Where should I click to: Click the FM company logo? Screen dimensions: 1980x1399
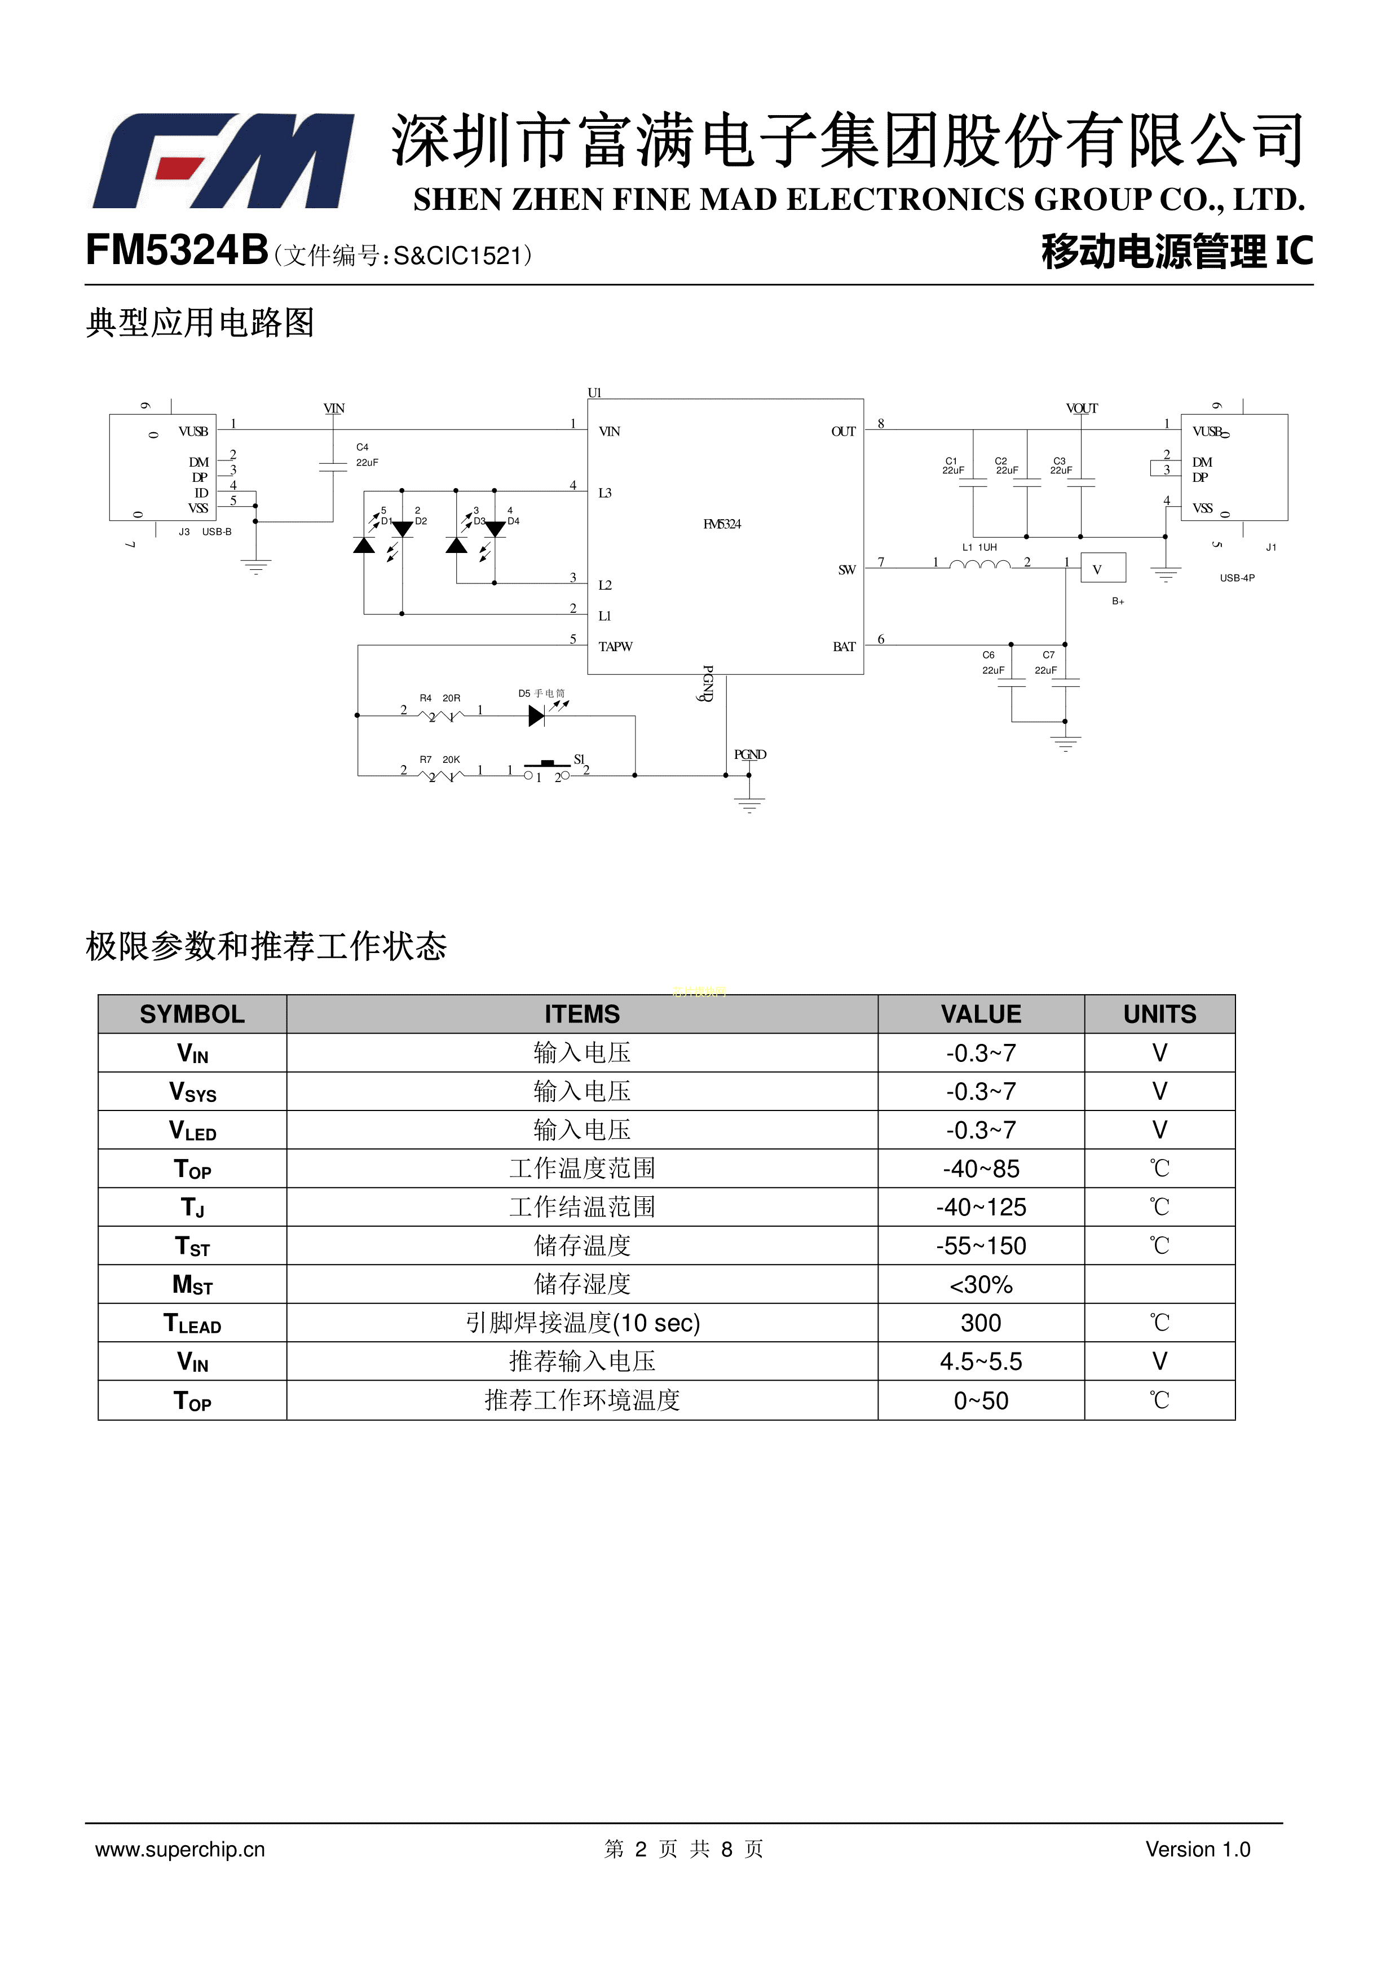pos(222,161)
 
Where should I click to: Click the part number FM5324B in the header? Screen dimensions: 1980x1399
pos(176,252)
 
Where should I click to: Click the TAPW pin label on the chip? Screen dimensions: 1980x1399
pos(615,647)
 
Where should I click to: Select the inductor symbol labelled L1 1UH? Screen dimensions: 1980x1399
pos(979,564)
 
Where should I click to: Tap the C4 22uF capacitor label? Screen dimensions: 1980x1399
pos(367,454)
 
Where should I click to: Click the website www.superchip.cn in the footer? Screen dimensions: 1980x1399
pos(180,1849)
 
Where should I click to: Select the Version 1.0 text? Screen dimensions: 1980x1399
pos(1197,1849)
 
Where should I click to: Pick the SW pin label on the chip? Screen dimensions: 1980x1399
pos(846,570)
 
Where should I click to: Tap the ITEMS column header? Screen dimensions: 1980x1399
pos(582,1014)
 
